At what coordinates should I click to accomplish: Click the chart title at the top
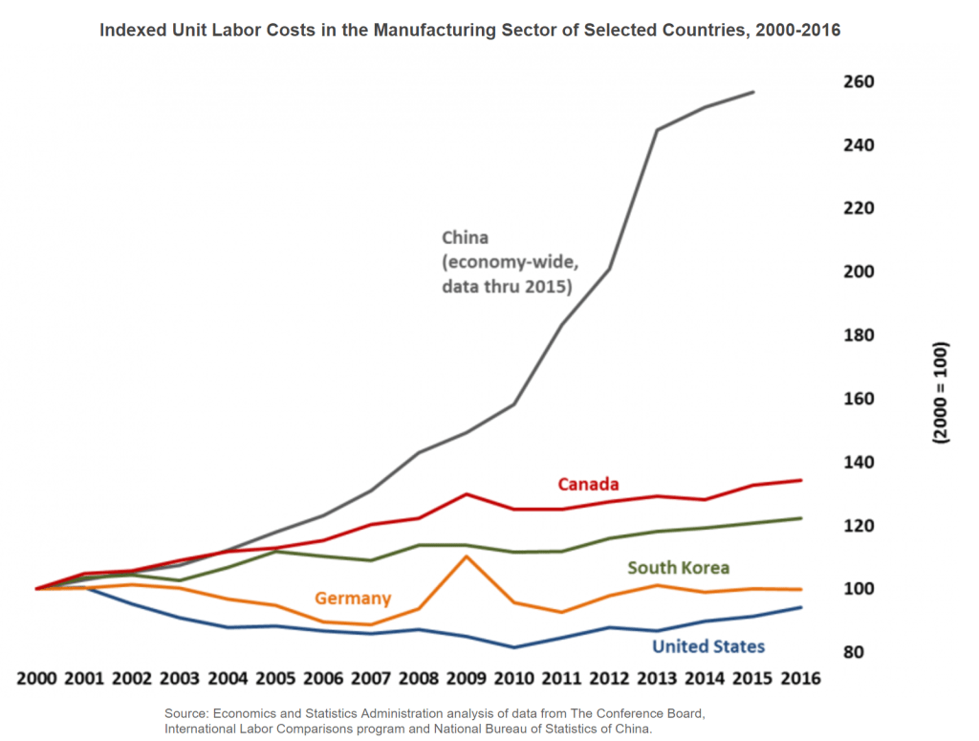(x=470, y=31)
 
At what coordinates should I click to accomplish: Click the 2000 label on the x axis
(x=37, y=679)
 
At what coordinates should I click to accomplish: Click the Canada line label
(x=588, y=484)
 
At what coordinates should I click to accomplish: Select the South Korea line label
(x=678, y=568)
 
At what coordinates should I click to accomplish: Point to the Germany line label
(x=353, y=599)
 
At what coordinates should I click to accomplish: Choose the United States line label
(x=707, y=647)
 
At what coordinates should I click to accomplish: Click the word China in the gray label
(x=466, y=237)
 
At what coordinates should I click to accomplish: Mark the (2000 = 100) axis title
(x=941, y=392)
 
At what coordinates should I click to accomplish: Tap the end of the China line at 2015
(x=753, y=93)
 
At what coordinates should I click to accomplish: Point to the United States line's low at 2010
(x=513, y=647)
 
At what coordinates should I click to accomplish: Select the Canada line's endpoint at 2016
(x=801, y=480)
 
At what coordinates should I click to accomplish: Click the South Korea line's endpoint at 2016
(x=801, y=518)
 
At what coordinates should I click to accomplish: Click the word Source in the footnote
(x=186, y=713)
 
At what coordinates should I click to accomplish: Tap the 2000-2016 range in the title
(x=793, y=31)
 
